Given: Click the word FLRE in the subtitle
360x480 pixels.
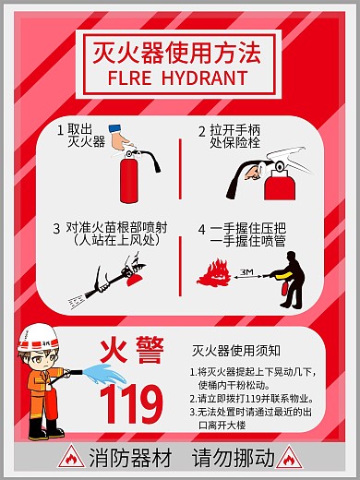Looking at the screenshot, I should click(128, 78).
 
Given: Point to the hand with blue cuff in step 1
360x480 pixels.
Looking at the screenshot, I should click(116, 136).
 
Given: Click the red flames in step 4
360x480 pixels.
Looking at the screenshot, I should click(219, 273).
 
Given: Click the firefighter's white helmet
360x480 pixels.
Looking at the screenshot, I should click(36, 334).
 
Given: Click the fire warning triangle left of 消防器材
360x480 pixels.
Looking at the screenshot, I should click(71, 456).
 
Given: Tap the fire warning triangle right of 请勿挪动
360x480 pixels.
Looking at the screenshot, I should click(289, 456).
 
